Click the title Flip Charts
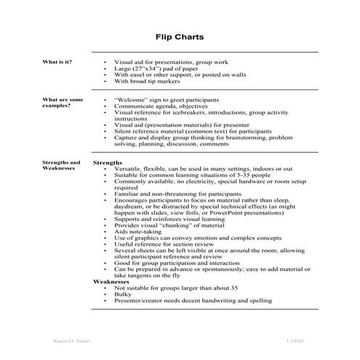pyautogui.click(x=180, y=36)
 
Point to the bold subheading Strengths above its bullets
pyautogui.click(x=108, y=162)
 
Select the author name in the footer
pyautogui.click(x=73, y=340)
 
